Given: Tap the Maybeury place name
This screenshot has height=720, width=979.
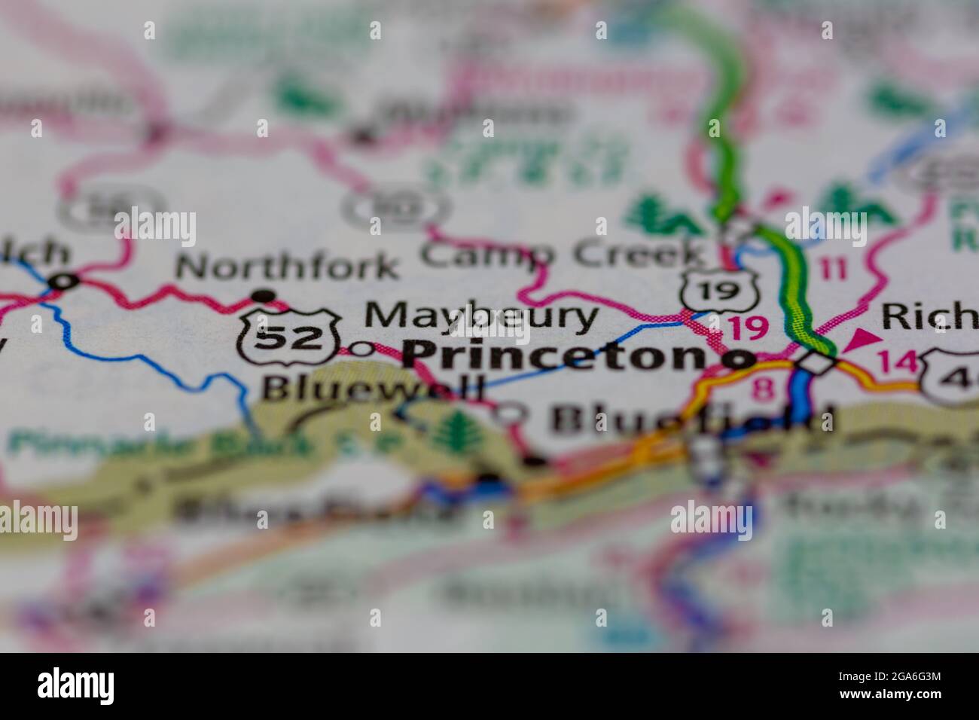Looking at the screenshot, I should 481,317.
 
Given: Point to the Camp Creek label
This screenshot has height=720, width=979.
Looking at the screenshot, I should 561,254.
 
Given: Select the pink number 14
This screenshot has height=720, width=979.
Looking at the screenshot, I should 898,362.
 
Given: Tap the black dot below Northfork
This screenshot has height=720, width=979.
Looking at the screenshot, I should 262,294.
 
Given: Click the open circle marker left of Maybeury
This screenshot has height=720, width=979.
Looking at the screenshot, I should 363,349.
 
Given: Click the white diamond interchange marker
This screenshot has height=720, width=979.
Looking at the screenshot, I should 819,363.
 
